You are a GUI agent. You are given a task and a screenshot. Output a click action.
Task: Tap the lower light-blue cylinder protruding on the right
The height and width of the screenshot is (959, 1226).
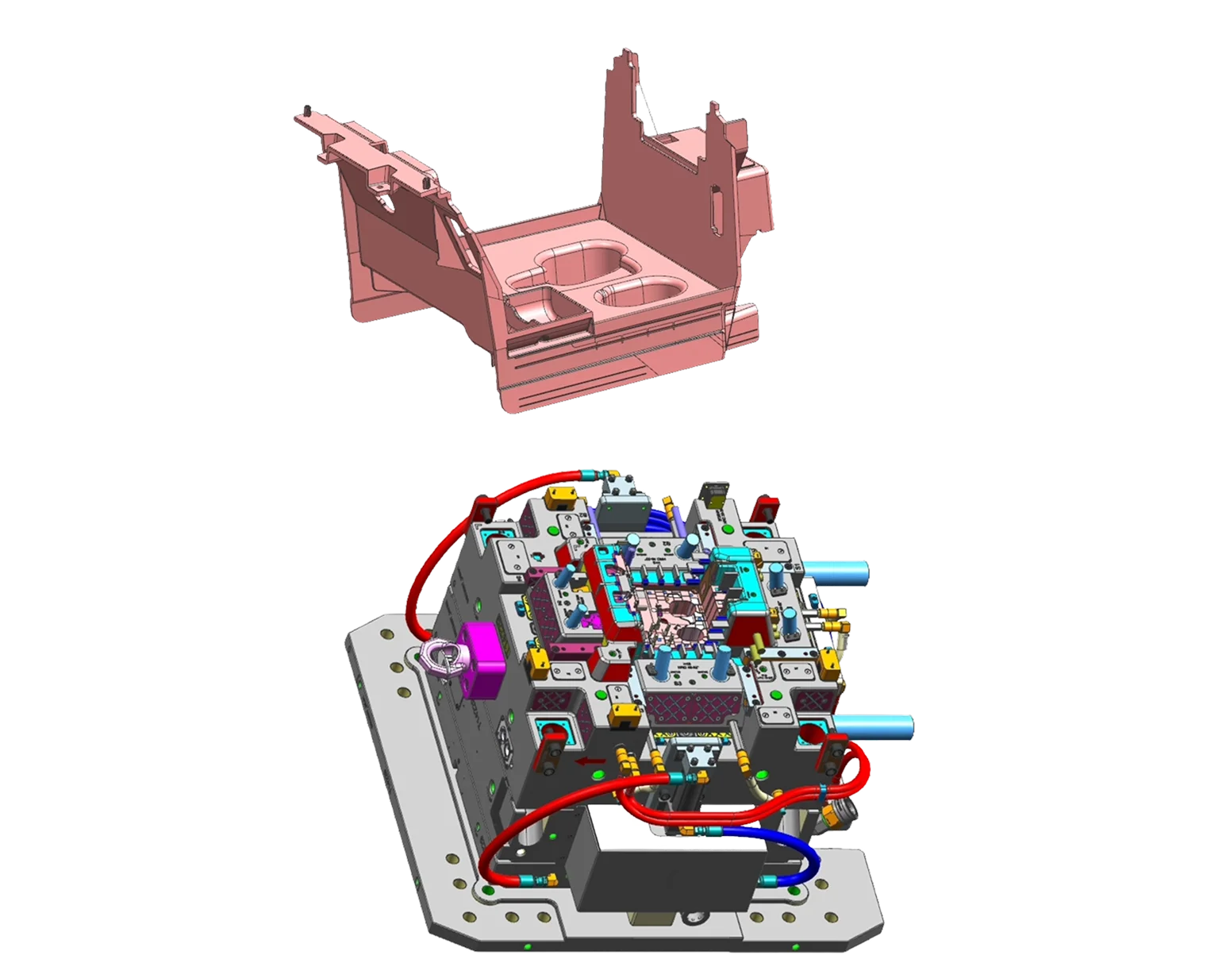(x=877, y=726)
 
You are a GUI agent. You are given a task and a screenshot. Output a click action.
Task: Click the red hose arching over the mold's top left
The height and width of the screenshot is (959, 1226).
(x=444, y=540)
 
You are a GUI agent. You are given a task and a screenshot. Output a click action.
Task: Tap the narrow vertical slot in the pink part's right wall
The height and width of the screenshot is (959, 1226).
(x=717, y=205)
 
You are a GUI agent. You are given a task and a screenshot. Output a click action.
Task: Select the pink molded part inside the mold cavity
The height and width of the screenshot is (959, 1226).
(x=671, y=615)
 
